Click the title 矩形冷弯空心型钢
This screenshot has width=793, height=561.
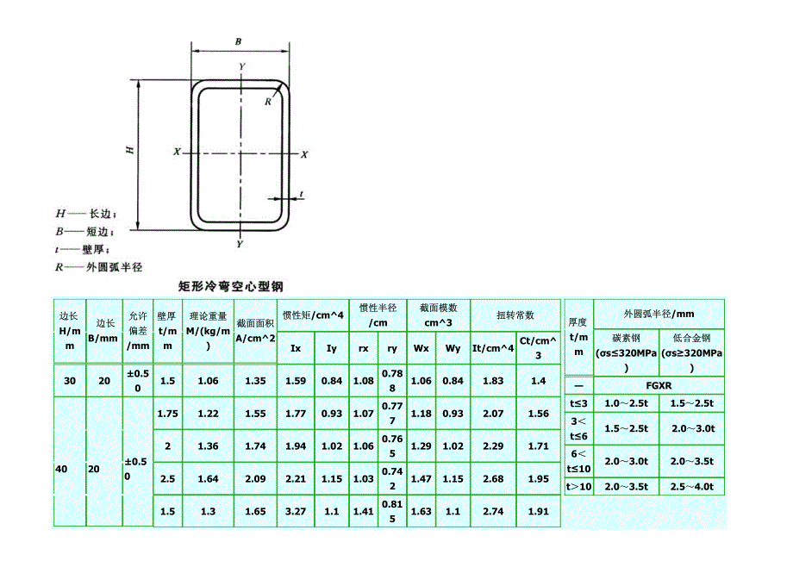pos(231,287)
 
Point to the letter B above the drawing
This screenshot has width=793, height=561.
pos(238,42)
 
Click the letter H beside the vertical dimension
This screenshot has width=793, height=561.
pos(130,150)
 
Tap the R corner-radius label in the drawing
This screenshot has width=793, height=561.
pos(268,102)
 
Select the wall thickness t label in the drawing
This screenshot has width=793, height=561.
pos(302,194)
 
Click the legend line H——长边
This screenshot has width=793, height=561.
pos(85,214)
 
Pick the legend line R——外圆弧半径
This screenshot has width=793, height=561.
pos(98,267)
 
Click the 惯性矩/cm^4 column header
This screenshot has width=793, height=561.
pos(313,315)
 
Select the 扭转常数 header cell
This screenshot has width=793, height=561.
pos(515,315)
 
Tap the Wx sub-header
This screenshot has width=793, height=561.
pos(421,348)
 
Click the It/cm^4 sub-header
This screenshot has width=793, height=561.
pos(493,348)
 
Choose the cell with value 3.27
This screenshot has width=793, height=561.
pos(296,512)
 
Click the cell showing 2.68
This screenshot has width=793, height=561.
pos(493,478)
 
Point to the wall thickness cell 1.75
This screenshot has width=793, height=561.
pos(167,414)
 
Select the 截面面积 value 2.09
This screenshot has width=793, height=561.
pos(255,478)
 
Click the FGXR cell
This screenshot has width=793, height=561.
pos(659,385)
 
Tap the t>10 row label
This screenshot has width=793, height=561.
pos(578,487)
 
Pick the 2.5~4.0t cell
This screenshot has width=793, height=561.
pos(692,487)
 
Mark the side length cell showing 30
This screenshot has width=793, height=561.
pos(70,381)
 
